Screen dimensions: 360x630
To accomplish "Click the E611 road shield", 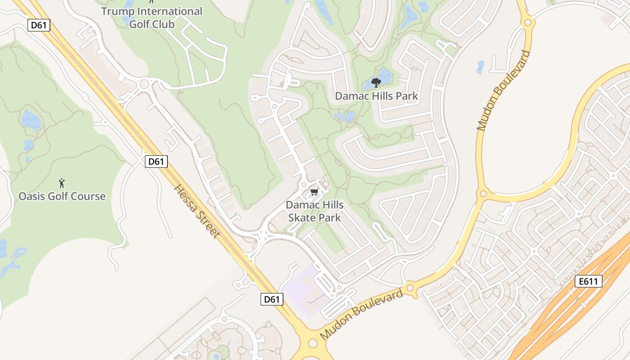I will pyautogui.click(x=589, y=282).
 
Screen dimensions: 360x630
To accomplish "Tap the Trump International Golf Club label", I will pyautogui.click(x=152, y=17).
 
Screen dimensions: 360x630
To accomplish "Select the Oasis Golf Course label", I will pyautogui.click(x=62, y=196).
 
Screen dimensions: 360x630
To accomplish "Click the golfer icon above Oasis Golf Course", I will pyautogui.click(x=62, y=183).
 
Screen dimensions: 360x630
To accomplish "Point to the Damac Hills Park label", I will pyautogui.click(x=376, y=96).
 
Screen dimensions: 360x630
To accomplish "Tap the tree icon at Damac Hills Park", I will pyautogui.click(x=376, y=82).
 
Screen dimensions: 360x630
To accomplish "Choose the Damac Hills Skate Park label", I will pyautogui.click(x=315, y=211).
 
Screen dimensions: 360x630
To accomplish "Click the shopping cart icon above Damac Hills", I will pyautogui.click(x=315, y=192).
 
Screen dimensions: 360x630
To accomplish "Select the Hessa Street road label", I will pyautogui.click(x=197, y=211).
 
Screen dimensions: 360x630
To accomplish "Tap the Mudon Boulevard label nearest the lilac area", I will pyautogui.click(x=362, y=315).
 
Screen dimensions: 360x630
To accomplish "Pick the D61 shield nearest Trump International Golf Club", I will pyautogui.click(x=39, y=25).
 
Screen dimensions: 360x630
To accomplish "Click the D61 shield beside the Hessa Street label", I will pyautogui.click(x=156, y=161).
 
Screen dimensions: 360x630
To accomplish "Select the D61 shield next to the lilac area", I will pyautogui.click(x=272, y=299).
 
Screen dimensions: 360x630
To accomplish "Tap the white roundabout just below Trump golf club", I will pyautogui.click(x=144, y=84).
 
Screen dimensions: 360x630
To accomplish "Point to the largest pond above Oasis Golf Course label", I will pyautogui.click(x=31, y=119).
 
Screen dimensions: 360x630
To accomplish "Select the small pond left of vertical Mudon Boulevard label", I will pyautogui.click(x=480, y=67).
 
